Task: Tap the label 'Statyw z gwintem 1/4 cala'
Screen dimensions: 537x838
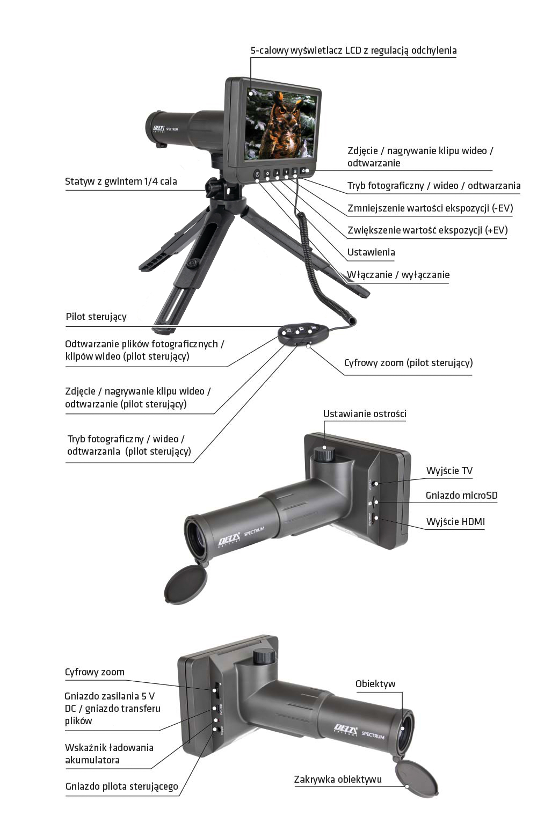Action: coord(121,181)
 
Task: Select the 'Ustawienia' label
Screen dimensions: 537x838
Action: coord(371,252)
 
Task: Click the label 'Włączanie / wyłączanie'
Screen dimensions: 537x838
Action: coord(398,275)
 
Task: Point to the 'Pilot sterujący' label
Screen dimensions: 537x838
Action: coord(96,317)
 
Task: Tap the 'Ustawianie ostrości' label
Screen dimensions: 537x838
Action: coord(365,414)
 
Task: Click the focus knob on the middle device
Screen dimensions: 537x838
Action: coord(324,453)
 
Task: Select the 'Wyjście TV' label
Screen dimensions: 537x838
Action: coord(449,471)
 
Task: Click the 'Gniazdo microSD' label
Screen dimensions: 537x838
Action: coord(462,495)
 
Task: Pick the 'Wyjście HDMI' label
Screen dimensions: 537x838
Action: coord(455,521)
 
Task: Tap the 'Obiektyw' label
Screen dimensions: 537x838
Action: coord(375,683)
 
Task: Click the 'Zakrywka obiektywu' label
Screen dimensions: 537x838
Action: coord(338,779)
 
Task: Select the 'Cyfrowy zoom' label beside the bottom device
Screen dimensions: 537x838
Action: coord(95,672)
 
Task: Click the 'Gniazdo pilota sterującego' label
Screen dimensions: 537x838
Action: coord(121,786)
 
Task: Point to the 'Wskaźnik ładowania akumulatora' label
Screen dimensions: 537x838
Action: coord(109,754)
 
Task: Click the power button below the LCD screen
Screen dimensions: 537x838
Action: coord(257,174)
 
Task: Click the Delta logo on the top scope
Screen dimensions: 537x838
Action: coord(158,128)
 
